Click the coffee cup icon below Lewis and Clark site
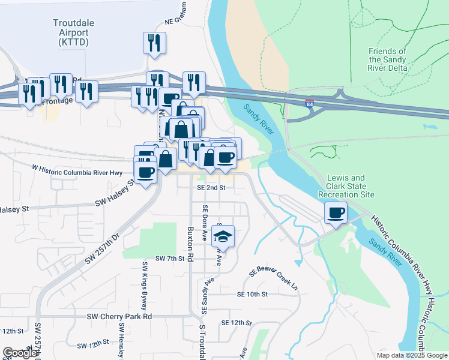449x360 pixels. coord(336,212)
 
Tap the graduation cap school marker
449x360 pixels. coord(223,236)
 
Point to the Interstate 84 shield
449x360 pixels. coord(310,104)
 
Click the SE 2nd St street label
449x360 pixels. coord(211,187)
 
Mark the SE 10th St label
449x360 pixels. coord(252,295)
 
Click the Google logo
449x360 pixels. coord(20,353)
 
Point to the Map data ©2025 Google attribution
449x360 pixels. coord(411,355)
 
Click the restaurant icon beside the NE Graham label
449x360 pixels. coord(154,43)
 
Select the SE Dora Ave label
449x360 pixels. coord(205,222)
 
